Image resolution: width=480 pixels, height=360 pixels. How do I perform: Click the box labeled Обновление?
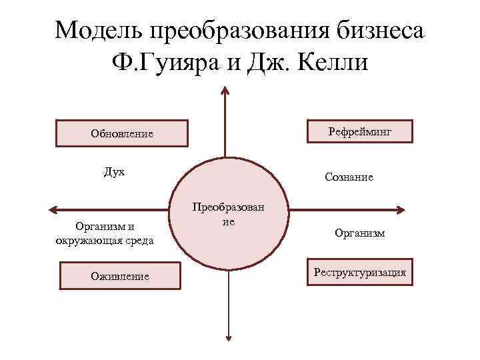tap(121, 133)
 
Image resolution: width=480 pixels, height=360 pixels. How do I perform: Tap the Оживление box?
tap(120, 276)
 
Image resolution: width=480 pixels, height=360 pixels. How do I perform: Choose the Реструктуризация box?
tap(359, 272)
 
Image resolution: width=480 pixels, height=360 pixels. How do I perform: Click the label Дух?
tap(114, 172)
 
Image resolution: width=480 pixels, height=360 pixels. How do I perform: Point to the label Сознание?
tap(349, 177)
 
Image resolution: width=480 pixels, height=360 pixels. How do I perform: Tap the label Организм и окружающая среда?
tap(105, 233)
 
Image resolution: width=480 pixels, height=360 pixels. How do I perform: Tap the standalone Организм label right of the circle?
tap(359, 234)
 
